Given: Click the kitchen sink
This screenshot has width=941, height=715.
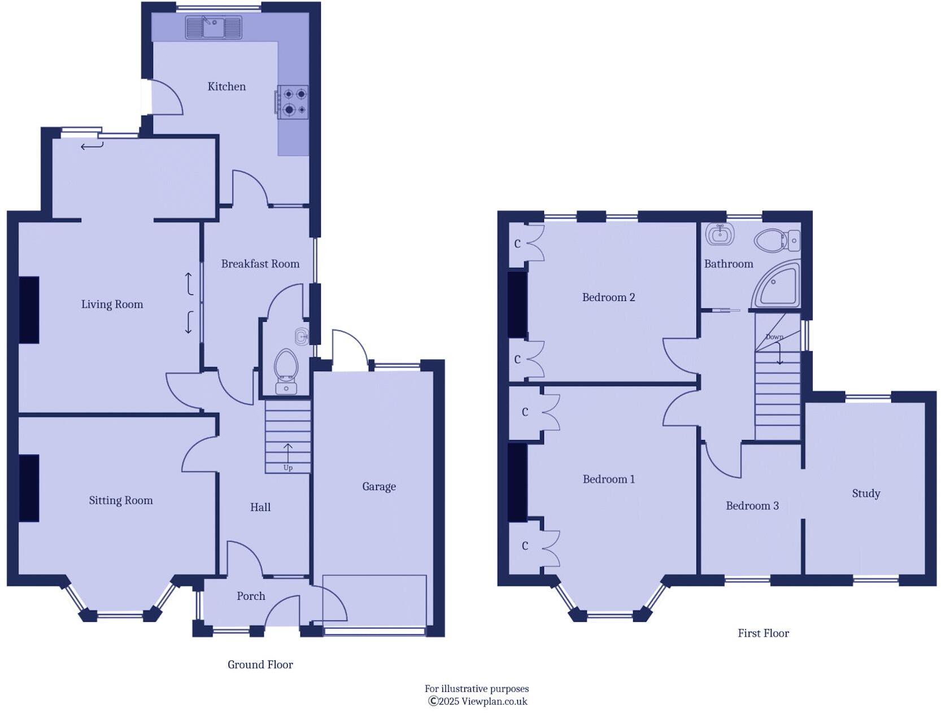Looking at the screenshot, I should tap(214, 27).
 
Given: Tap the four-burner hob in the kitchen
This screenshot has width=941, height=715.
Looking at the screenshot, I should tap(293, 102).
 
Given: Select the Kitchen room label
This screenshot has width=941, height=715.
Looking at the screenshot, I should tap(226, 86).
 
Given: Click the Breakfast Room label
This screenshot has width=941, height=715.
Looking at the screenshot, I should tap(260, 264).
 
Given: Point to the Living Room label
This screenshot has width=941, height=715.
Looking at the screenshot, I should tap(112, 304).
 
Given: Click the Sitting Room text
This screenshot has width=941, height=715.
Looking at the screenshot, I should tap(120, 500).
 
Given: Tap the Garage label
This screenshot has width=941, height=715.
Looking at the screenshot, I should tap(378, 486).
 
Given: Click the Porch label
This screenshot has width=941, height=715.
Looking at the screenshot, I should tap(251, 596).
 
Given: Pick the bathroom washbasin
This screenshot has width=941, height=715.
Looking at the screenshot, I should tap(720, 234).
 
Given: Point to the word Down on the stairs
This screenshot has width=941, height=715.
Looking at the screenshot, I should tap(774, 337).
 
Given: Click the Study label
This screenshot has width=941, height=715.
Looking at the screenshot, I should tap(866, 494).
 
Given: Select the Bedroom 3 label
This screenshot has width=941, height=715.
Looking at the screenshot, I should tap(752, 506).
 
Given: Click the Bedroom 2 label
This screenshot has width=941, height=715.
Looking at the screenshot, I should tap(608, 298).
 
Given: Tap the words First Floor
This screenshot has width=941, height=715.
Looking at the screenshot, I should tap(763, 633).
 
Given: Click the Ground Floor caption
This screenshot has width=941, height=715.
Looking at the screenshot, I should tap(260, 665).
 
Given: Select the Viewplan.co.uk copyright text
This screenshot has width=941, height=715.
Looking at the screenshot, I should tap(478, 701).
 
